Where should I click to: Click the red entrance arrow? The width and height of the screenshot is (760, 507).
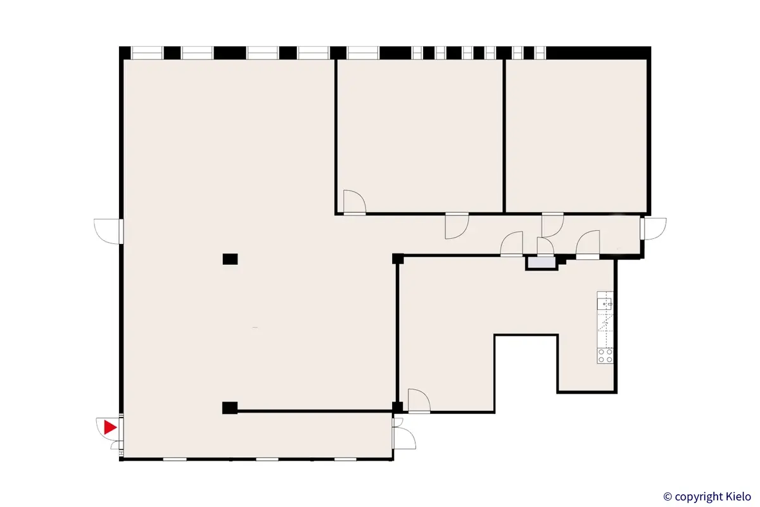pyautogui.click(x=110, y=427)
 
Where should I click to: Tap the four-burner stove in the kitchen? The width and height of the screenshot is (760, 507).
pyautogui.click(x=605, y=356)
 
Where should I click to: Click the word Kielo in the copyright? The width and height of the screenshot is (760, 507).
pyautogui.click(x=735, y=496)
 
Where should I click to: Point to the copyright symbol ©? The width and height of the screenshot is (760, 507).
pyautogui.click(x=668, y=496)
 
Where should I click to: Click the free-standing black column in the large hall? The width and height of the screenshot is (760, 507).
pyautogui.click(x=230, y=259)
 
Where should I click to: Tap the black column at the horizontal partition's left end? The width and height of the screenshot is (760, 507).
pyautogui.click(x=230, y=407)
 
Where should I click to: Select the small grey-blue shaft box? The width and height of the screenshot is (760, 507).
pyautogui.click(x=541, y=262)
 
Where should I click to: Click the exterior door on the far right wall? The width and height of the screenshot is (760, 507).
pyautogui.click(x=652, y=229)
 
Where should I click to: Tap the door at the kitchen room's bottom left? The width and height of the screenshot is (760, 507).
pyautogui.click(x=419, y=401)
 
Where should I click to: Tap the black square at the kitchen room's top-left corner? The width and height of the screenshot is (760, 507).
pyautogui.click(x=398, y=259)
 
